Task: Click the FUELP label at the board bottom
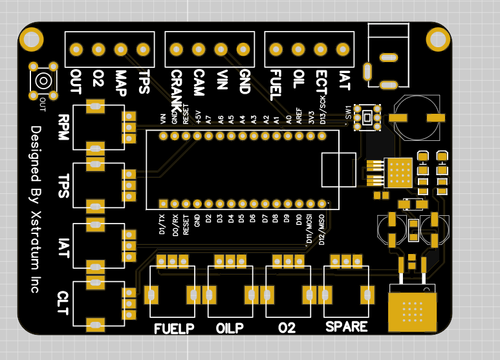175,328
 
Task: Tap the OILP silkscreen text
230,328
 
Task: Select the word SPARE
347,326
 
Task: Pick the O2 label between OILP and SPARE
287,328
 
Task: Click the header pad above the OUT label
76,49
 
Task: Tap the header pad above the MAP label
120,49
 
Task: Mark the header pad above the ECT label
320,49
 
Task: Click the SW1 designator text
347,115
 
